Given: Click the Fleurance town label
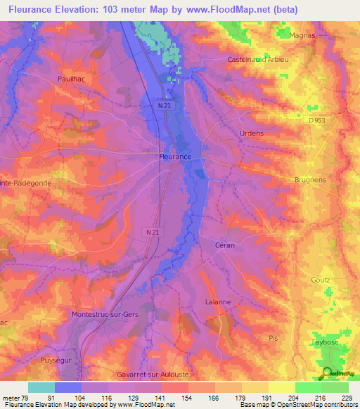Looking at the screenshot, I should coord(174,157).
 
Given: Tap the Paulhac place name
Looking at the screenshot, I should coord(72,80).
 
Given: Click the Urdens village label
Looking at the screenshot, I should coord(270,133).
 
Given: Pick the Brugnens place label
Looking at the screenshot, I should coord(310,180).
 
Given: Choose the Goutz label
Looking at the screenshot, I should coord(320,280).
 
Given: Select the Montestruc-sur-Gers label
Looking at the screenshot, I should coord(105,314).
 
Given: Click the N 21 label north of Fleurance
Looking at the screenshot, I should coord(163,105).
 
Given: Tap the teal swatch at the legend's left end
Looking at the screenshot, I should coord(41,387).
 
